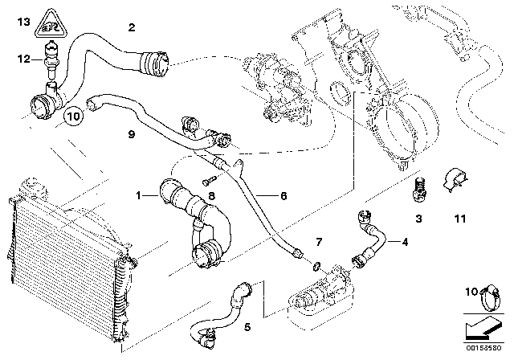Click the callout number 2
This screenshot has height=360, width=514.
click(131, 27)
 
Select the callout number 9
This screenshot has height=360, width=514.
click(130, 135)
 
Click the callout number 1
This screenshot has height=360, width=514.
click(139, 195)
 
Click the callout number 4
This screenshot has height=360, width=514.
click(405, 241)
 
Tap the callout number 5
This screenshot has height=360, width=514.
click(247, 326)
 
